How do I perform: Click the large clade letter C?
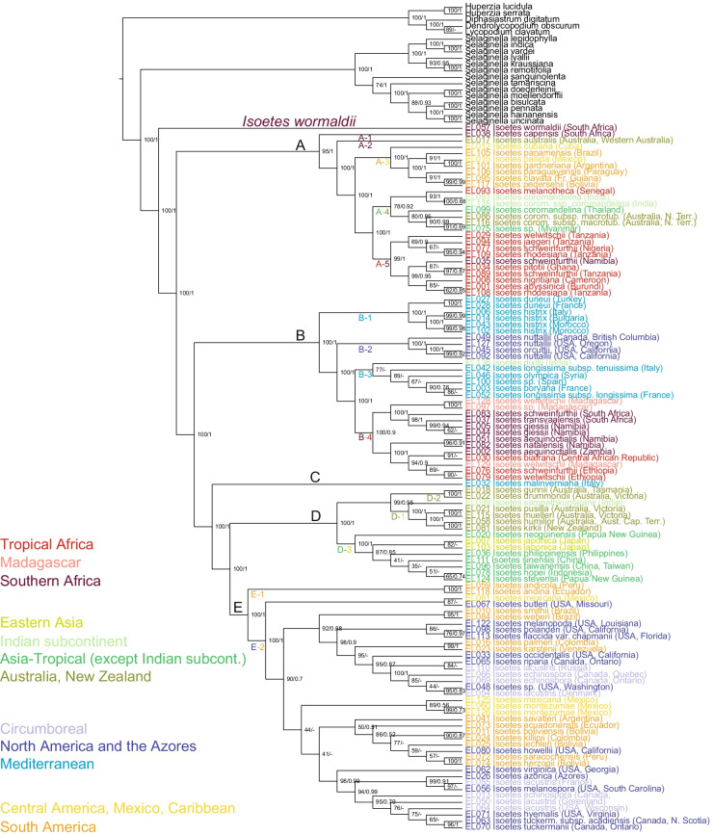314,479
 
